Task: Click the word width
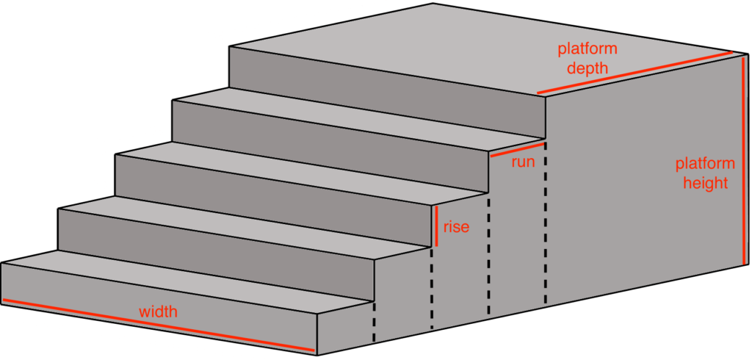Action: coord(159,312)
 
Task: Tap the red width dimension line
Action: coord(159,326)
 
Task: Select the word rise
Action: coord(456,227)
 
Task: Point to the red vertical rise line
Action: coord(437,226)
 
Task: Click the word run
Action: coord(523,162)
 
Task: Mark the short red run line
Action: coord(518,149)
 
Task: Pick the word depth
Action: coord(587,68)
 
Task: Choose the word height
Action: coord(706,183)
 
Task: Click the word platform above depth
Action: coord(587,49)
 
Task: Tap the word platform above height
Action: coord(705,164)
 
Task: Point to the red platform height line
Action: coord(744,159)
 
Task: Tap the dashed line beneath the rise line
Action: coord(432,288)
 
